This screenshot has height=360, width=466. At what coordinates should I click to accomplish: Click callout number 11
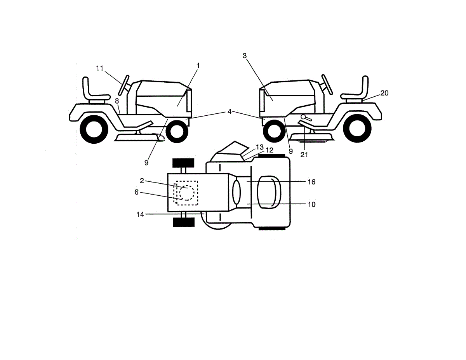[100, 68]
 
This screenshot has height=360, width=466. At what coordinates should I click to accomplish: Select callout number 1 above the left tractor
[198, 66]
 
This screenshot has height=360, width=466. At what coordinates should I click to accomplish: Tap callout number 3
[245, 56]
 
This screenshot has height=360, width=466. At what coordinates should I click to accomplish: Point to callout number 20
[384, 93]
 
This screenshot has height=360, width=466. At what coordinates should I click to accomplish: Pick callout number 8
[117, 101]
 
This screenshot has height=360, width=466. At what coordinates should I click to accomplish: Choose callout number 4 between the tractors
[230, 111]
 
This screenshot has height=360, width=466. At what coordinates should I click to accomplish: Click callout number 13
[260, 147]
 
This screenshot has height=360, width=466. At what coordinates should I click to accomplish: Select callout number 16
[311, 182]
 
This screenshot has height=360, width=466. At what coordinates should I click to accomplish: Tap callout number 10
[311, 204]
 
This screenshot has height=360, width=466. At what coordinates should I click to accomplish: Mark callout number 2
[142, 181]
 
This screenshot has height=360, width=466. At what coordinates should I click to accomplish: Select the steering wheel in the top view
[236, 192]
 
